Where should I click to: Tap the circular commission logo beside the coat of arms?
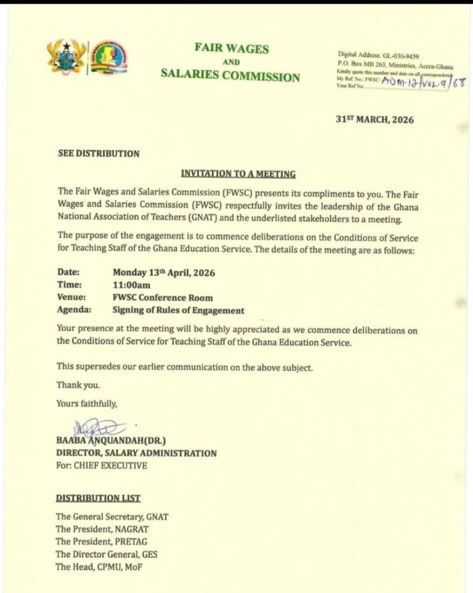pyautogui.click(x=110, y=57)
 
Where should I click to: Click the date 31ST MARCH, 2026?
pyautogui.click(x=375, y=120)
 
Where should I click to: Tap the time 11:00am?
pyautogui.click(x=130, y=284)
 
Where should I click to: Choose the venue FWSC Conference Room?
pyautogui.click(x=163, y=298)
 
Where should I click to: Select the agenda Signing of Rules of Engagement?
pyautogui.click(x=179, y=310)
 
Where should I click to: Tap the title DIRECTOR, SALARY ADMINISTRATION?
pyautogui.click(x=136, y=453)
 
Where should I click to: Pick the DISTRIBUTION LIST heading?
pyautogui.click(x=98, y=498)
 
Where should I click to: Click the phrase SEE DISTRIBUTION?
pyautogui.click(x=99, y=153)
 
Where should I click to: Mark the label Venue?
pyautogui.click(x=71, y=298)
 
